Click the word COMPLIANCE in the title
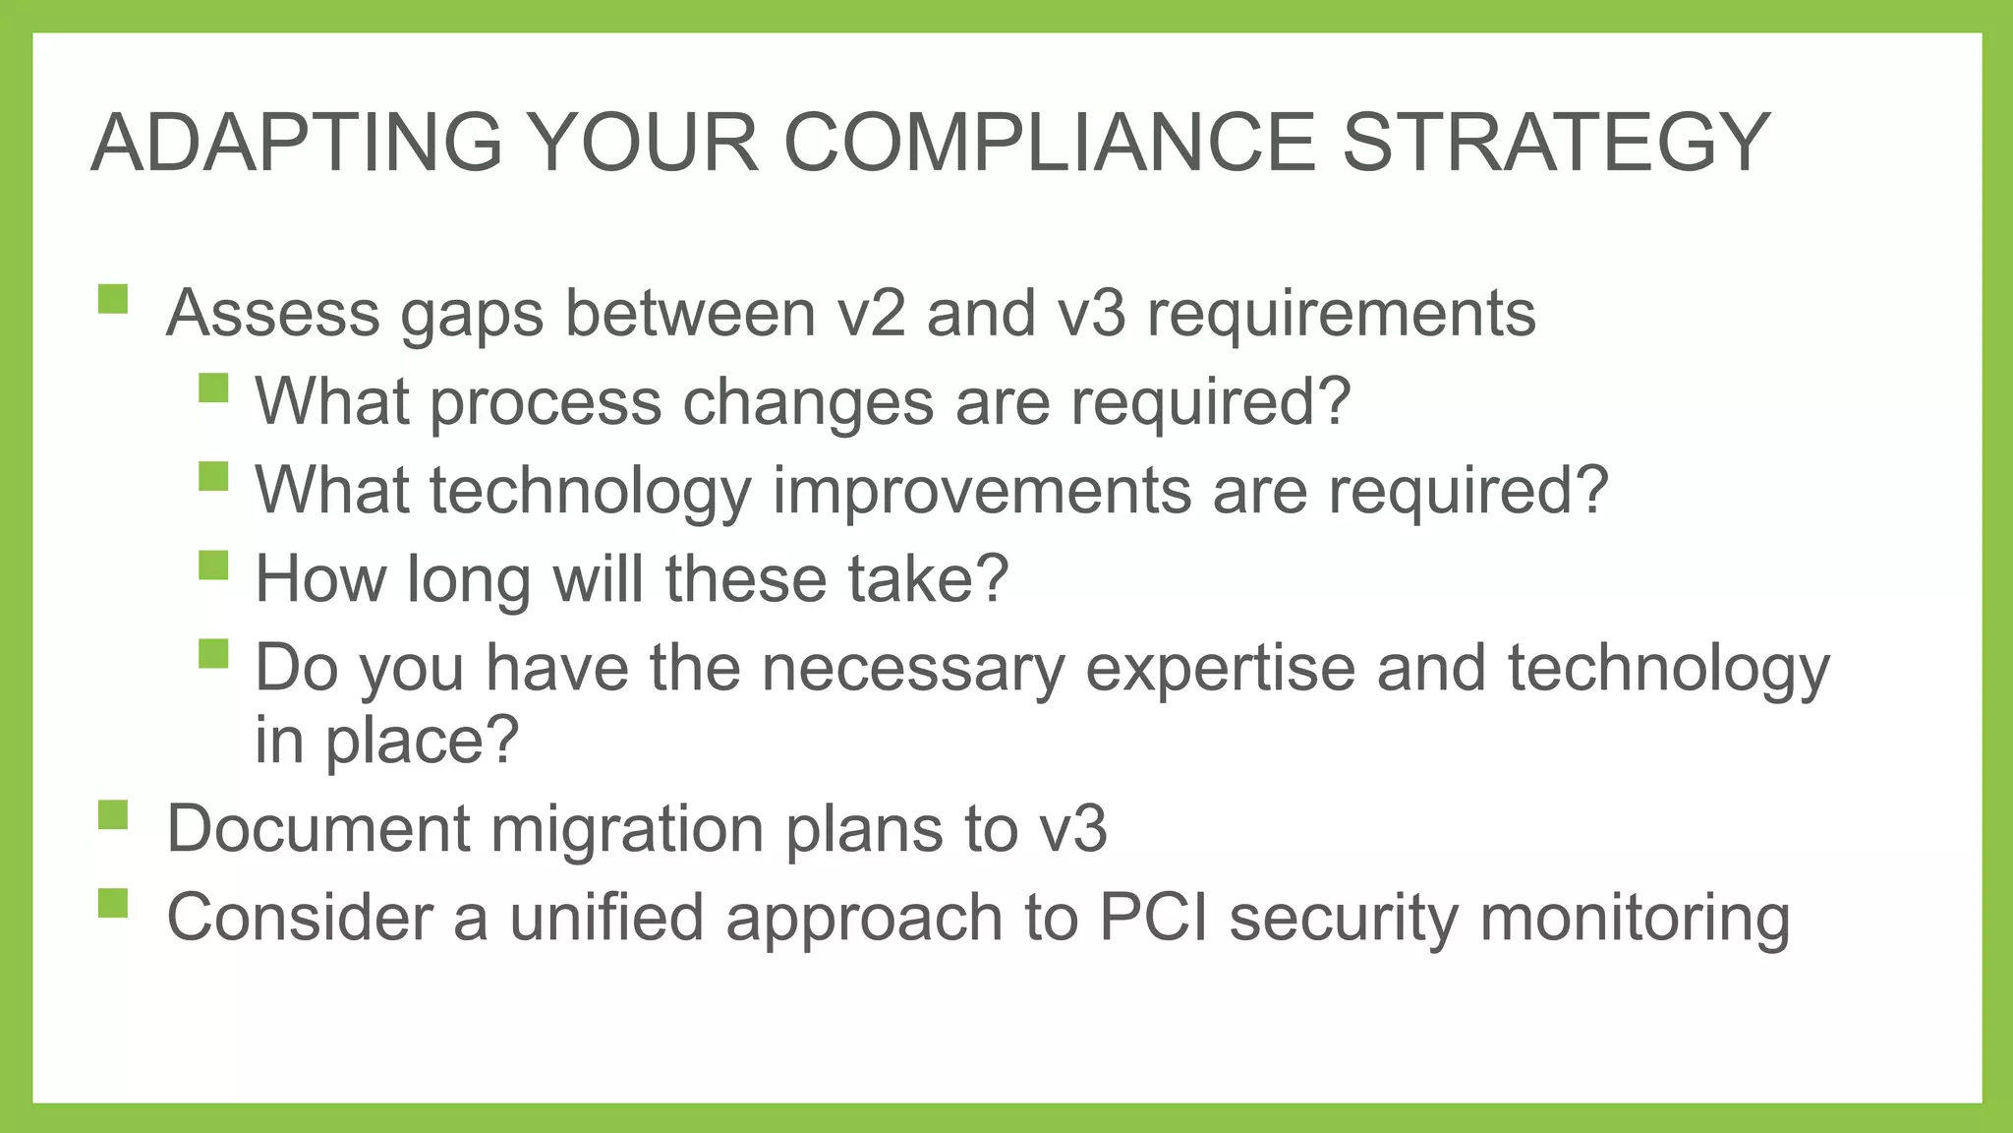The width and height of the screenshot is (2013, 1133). click(x=1049, y=143)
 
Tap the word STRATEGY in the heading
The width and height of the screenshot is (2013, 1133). click(x=1556, y=143)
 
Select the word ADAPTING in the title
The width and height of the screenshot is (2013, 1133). click(x=296, y=143)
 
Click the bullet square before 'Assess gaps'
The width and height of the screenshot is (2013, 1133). click(x=113, y=299)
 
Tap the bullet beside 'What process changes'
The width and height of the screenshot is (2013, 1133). click(x=212, y=388)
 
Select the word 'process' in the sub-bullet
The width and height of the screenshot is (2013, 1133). click(x=546, y=404)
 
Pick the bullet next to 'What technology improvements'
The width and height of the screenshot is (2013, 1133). click(x=212, y=476)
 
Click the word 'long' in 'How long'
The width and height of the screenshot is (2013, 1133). click(x=469, y=580)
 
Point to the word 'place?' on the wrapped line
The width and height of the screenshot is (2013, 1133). click(x=422, y=741)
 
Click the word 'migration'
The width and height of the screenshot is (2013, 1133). click(x=627, y=829)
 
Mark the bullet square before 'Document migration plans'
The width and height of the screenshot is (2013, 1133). click(x=113, y=814)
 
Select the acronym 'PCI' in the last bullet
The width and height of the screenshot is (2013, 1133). click(x=1153, y=918)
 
